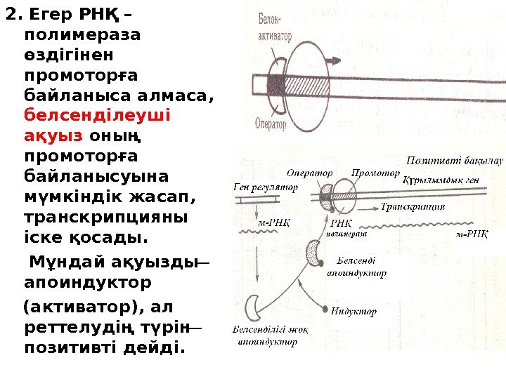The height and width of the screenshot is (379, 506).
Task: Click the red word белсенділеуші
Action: [x=98, y=113]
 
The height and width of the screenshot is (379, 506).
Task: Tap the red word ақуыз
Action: [x=53, y=133]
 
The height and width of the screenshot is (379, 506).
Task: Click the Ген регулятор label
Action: [x=265, y=187]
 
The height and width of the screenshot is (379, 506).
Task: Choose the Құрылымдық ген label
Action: [x=441, y=180]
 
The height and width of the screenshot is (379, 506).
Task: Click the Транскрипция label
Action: [x=413, y=207]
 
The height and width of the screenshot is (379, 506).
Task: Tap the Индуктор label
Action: [x=353, y=311]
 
